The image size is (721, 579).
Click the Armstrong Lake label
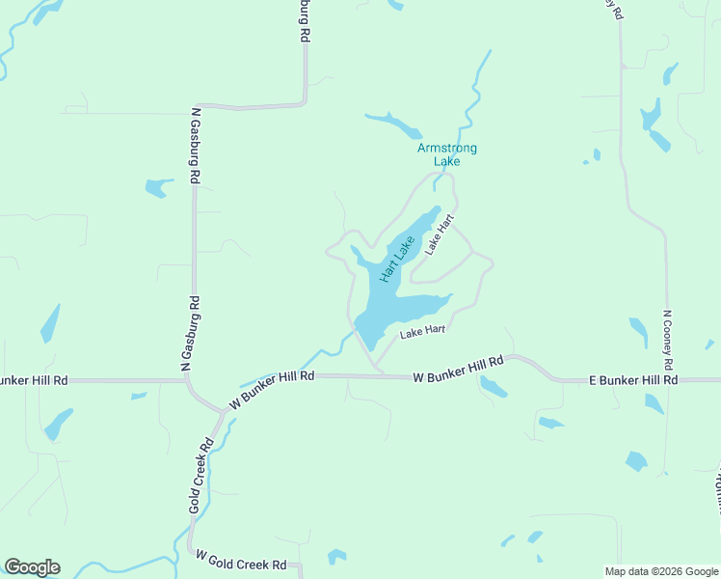click(446, 154)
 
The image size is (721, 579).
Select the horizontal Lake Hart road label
click(422, 331)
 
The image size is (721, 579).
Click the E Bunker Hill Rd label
click(633, 381)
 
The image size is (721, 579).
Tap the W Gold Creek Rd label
click(241, 560)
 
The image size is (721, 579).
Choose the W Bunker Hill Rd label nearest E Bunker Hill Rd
click(458, 370)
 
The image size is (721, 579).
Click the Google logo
click(32, 567)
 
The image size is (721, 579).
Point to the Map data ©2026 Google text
click(660, 571)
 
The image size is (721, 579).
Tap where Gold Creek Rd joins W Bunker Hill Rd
click(223, 412)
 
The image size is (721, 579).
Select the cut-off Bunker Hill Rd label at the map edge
click(34, 381)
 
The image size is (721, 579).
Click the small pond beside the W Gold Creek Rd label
click(335, 557)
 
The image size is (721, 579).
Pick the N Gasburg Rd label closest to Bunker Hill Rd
click(195, 333)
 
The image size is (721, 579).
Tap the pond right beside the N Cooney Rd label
click(639, 331)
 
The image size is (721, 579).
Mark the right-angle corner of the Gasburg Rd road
click(305, 102)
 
